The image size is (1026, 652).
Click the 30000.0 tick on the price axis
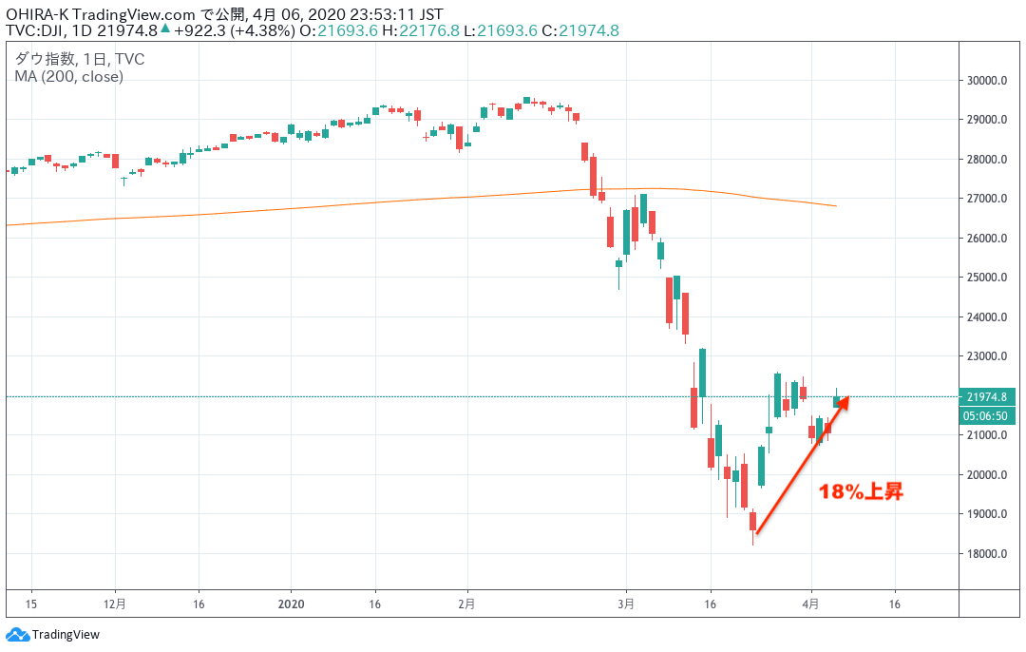point(986,81)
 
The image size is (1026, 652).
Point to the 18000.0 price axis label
point(986,554)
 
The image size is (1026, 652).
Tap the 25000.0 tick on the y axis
point(986,278)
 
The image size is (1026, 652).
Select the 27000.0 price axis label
point(986,199)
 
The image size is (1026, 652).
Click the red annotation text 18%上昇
point(862,491)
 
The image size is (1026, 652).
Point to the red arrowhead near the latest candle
point(845,401)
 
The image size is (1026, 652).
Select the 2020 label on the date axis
point(293,603)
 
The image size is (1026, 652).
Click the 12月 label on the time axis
point(115,603)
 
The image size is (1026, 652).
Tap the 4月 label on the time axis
point(811,603)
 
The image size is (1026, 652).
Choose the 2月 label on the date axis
point(466,603)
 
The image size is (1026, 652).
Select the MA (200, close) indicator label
point(68,76)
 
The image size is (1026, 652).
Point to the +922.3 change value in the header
point(197,30)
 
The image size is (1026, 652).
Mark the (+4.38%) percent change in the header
point(259,30)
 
